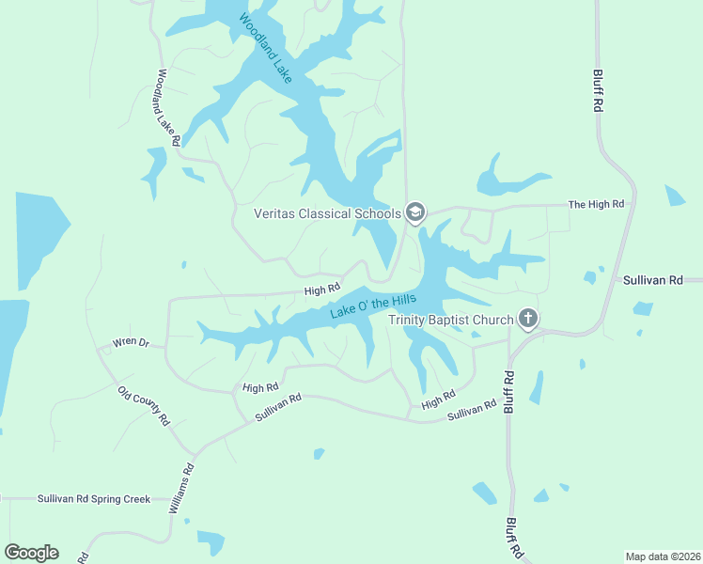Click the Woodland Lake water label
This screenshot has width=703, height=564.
pyautogui.click(x=266, y=48)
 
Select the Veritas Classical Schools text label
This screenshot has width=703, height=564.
pyautogui.click(x=327, y=213)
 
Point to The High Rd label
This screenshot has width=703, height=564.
pyautogui.click(x=597, y=204)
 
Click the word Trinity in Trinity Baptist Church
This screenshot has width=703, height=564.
pyautogui.click(x=410, y=320)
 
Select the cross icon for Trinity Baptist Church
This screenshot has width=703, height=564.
pyautogui.click(x=528, y=320)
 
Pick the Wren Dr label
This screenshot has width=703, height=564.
pyautogui.click(x=132, y=341)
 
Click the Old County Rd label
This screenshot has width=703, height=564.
pyautogui.click(x=144, y=405)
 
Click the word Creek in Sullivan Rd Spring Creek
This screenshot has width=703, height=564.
pyautogui.click(x=133, y=499)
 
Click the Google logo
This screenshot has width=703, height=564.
pyautogui.click(x=31, y=553)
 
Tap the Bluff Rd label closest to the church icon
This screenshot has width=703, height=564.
pyautogui.click(x=508, y=391)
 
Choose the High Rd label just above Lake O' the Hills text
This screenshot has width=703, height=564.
pyautogui.click(x=320, y=290)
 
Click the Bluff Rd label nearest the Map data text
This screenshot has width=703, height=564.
pyautogui.click(x=513, y=537)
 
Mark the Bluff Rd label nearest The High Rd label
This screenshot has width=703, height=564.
pyautogui.click(x=597, y=91)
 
